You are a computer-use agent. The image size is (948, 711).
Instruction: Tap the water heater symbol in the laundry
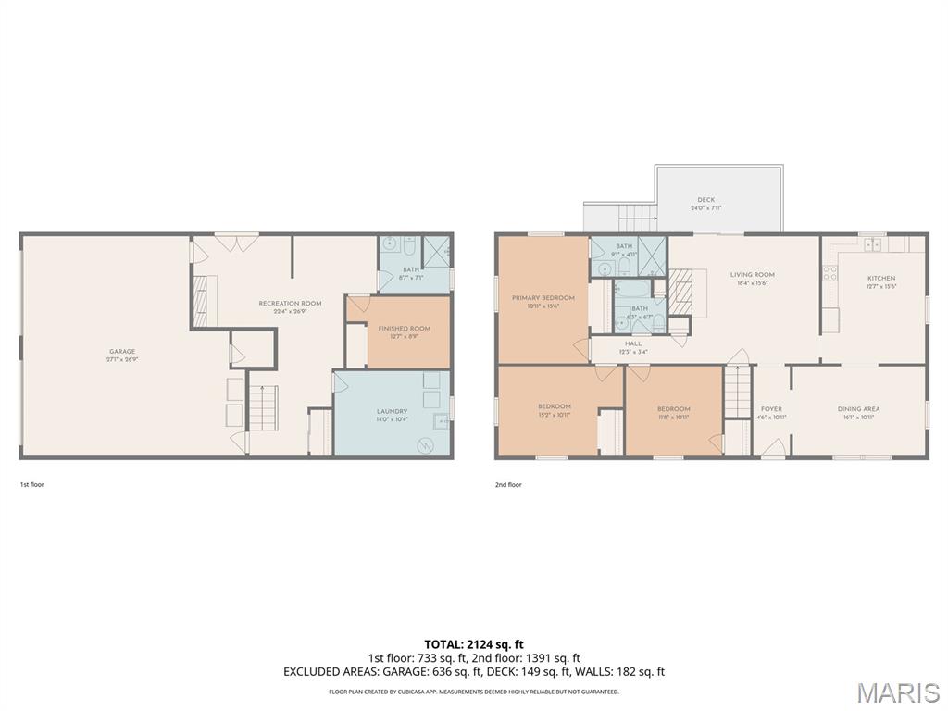[x=428, y=444]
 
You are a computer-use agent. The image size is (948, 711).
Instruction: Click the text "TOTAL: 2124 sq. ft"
[x=474, y=644]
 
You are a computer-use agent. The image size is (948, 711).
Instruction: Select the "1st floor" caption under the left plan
[x=31, y=484]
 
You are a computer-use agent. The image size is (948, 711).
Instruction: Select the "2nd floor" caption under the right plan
[x=508, y=484]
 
